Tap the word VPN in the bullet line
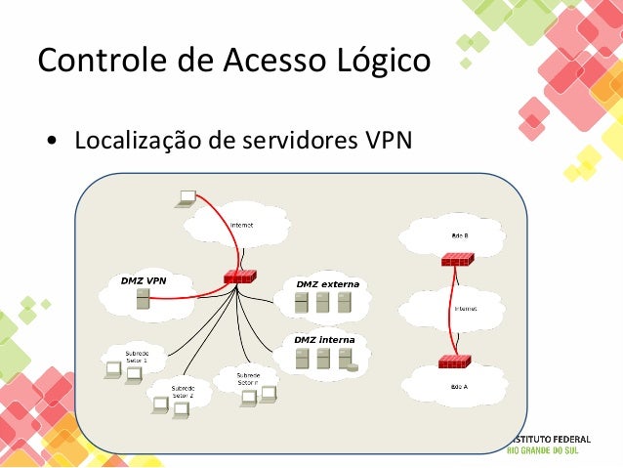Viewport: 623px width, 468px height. pos(388,141)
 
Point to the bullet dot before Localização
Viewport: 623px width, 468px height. pos(50,142)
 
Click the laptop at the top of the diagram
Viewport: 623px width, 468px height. pos(185,198)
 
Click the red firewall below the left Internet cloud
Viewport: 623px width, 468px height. pos(239,277)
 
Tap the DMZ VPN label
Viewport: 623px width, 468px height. pos(143,280)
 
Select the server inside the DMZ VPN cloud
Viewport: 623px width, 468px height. pos(143,304)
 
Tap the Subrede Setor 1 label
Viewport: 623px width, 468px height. pos(137,356)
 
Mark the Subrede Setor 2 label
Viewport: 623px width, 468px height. pos(183,392)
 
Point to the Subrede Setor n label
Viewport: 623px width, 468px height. pos(248,378)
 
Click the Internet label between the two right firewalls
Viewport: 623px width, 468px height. pos(466,309)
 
